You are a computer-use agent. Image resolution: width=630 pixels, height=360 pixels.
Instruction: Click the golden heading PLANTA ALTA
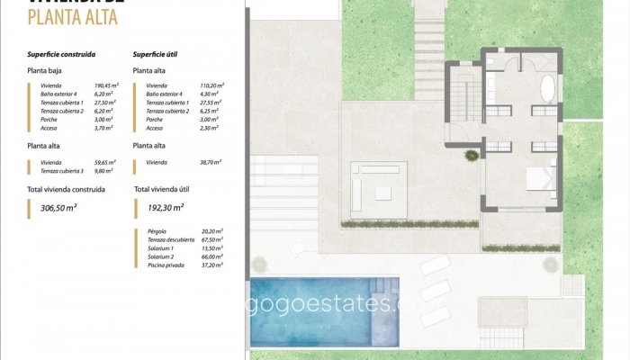tap(73, 17)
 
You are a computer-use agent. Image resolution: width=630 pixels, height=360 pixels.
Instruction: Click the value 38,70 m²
tap(210, 162)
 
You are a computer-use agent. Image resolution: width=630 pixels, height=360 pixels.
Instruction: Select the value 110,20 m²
tap(210, 85)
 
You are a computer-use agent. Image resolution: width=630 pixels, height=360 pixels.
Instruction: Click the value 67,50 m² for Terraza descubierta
tap(211, 239)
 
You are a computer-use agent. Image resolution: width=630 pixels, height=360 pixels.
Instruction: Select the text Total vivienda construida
tap(67, 190)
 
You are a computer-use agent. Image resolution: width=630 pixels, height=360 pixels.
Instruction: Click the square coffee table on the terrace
tap(383, 191)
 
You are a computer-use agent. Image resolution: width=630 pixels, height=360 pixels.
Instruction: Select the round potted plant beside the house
tap(471, 155)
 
